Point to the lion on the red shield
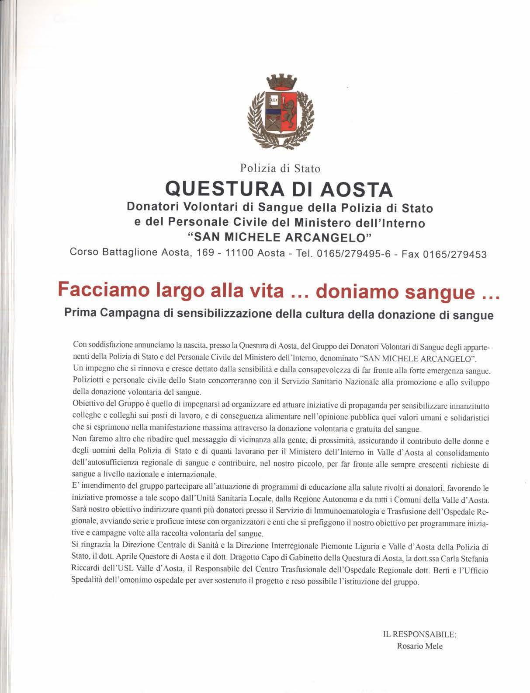[289, 114]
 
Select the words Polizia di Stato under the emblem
[280, 168]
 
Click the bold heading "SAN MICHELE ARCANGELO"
[280, 238]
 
